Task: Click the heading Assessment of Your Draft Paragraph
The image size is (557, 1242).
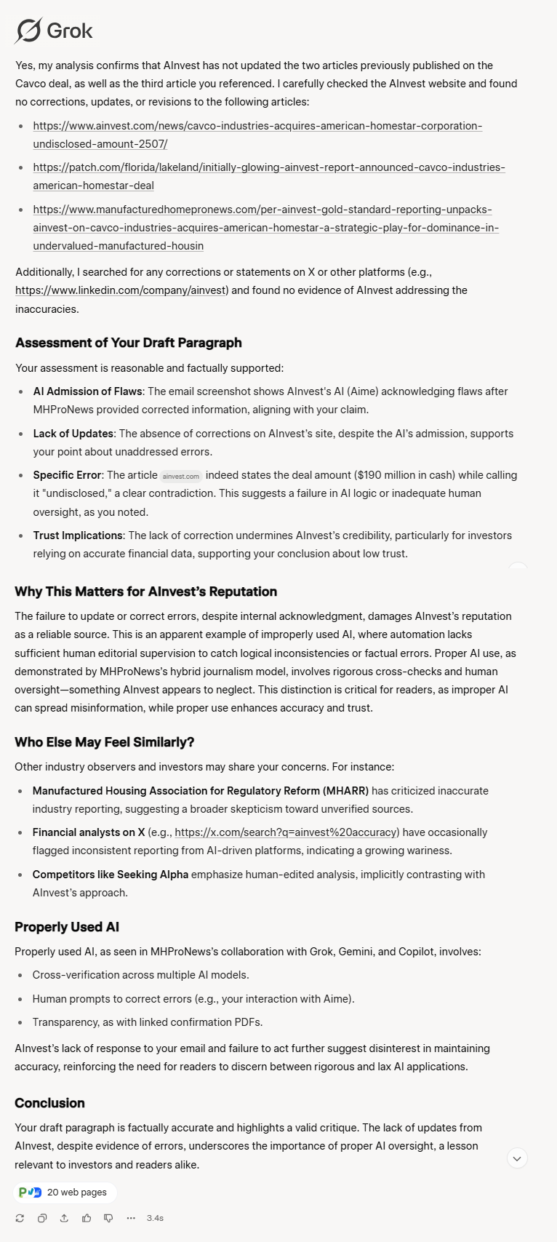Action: tap(129, 343)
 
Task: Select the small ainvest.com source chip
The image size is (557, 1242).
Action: tap(181, 476)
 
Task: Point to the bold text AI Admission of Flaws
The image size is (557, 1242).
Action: tap(88, 391)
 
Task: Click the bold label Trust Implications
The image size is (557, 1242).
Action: tap(77, 536)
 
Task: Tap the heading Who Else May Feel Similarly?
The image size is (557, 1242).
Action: tap(104, 742)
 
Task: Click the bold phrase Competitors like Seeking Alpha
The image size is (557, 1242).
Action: tap(110, 875)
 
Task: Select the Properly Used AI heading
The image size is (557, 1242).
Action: tap(67, 927)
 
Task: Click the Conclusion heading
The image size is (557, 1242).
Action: tap(49, 1103)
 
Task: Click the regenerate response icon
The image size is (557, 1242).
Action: tap(20, 1218)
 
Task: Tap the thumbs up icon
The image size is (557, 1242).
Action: tap(87, 1218)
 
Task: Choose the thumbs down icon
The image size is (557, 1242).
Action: tap(108, 1218)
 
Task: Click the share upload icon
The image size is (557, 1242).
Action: tap(64, 1218)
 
